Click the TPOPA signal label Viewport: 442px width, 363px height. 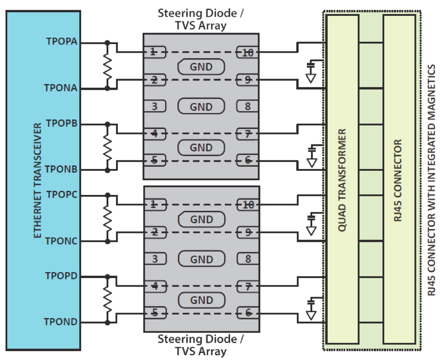[61, 41]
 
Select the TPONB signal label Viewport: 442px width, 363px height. [61, 169]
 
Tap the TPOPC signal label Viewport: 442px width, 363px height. [61, 195]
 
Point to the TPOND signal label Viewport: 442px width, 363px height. [61, 322]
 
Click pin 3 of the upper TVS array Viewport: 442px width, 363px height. [155, 107]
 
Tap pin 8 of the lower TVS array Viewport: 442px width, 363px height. [248, 259]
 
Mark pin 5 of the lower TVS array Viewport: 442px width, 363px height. [155, 313]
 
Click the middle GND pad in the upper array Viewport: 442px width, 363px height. [201, 107]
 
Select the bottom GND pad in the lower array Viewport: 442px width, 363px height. [201, 300]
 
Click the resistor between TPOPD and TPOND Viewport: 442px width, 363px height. [107, 300]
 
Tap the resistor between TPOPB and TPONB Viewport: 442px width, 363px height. [107, 147]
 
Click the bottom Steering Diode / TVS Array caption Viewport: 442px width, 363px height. [200, 345]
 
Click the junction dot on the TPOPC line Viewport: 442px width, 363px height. [107, 195]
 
